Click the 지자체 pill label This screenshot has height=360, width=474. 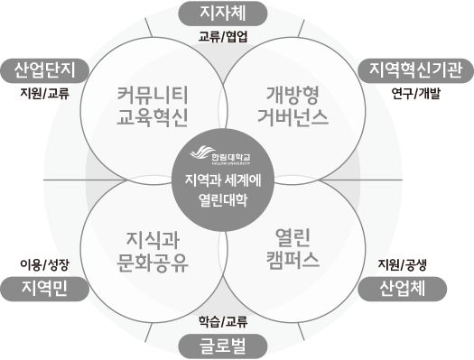[x=222, y=13]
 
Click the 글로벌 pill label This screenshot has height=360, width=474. [x=222, y=346]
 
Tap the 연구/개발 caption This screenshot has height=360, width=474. [x=416, y=93]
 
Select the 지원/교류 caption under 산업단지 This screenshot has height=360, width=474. [x=45, y=93]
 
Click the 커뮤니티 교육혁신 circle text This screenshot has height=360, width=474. [x=153, y=106]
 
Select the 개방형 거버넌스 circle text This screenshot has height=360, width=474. [x=292, y=106]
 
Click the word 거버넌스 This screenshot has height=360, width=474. [x=292, y=117]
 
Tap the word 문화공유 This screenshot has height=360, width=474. [x=153, y=263]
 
